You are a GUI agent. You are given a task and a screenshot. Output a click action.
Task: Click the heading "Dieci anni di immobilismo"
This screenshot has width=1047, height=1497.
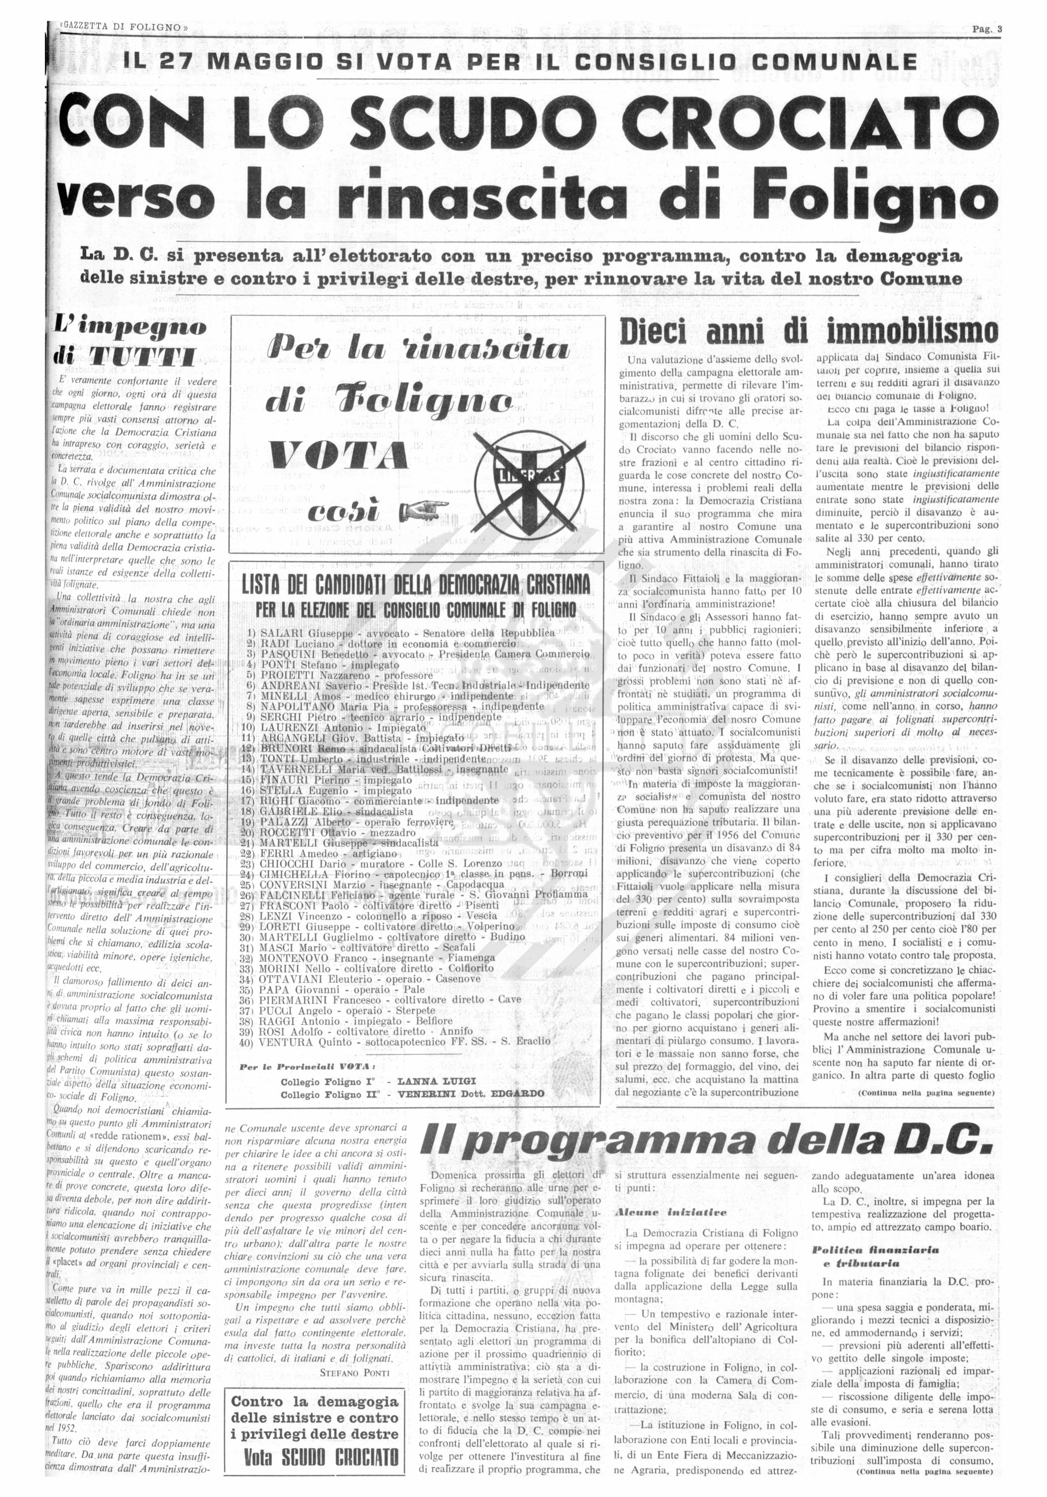(x=808, y=333)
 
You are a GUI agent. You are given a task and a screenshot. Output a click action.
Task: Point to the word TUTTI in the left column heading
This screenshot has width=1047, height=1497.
(x=142, y=356)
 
